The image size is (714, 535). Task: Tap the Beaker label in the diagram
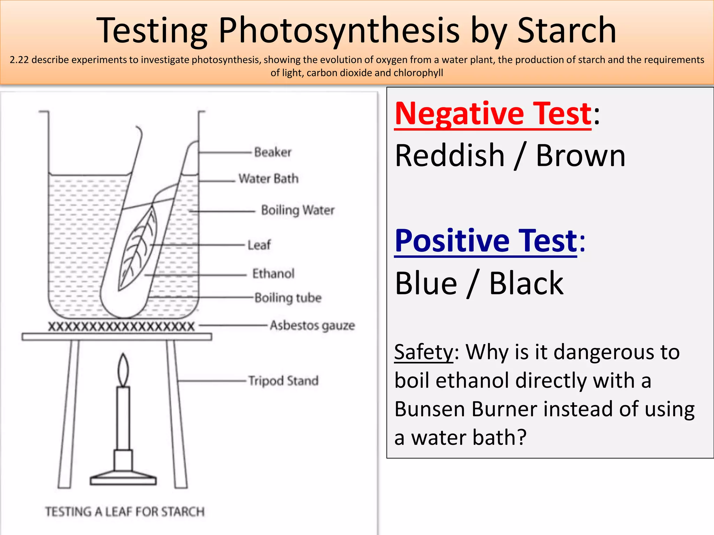pos(272,152)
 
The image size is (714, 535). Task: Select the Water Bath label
pos(268,179)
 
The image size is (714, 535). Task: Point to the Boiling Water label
pos(297,210)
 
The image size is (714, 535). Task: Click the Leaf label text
pos(259,245)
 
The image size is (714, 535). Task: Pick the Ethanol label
pos(273,274)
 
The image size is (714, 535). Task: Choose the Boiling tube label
pos(288,298)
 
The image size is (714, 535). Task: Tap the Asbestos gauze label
pos(312,325)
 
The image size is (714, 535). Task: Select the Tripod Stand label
pos(283,381)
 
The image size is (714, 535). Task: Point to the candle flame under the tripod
pos(123,370)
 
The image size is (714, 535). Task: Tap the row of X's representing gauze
pos(121,327)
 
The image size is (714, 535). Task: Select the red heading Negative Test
pos(493,114)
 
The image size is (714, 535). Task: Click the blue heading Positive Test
pos(486,241)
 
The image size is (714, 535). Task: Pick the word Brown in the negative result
pos(580,156)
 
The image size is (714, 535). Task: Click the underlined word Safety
pos(424,352)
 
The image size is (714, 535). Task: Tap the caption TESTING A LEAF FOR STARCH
pos(125,512)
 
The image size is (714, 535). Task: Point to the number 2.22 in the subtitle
pos(19,60)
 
